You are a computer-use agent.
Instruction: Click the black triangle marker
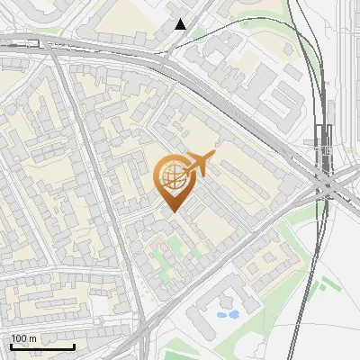tap(181, 24)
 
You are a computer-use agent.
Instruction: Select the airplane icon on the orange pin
tap(197, 166)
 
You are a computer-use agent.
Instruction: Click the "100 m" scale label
tap(23, 338)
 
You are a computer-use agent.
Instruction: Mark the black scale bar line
tap(42, 346)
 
